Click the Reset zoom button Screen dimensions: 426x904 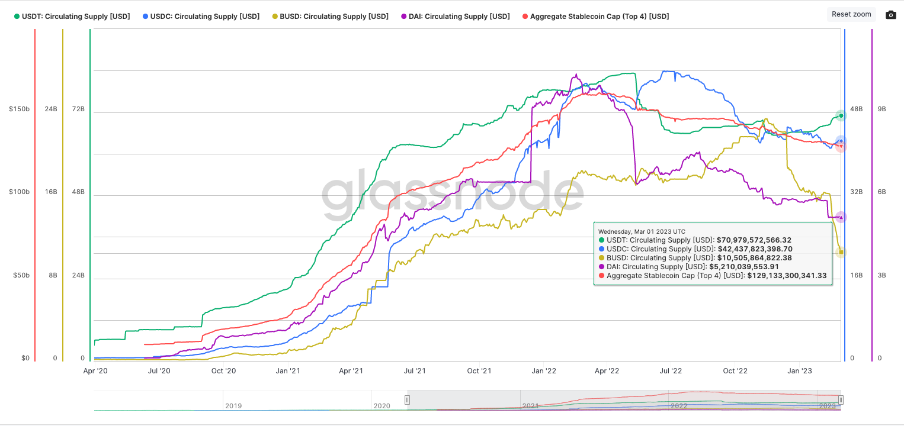[x=851, y=14]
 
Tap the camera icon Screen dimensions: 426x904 [x=890, y=15]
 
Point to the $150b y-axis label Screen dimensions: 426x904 [x=19, y=109]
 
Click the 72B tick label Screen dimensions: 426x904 [x=78, y=109]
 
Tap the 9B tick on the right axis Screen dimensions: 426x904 [x=881, y=109]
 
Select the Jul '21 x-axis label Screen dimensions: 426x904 [x=415, y=372]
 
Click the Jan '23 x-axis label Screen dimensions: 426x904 [x=799, y=372]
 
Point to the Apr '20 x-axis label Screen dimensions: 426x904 [x=95, y=372]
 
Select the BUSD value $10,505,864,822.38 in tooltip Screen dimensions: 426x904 [x=754, y=258]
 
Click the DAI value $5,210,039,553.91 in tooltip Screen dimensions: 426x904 [x=743, y=267]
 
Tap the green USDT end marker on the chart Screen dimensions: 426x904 [x=840, y=115]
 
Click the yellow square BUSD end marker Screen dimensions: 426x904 [x=841, y=253]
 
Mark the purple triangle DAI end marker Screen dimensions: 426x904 [x=841, y=217]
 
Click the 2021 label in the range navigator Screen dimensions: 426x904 [x=531, y=406]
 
